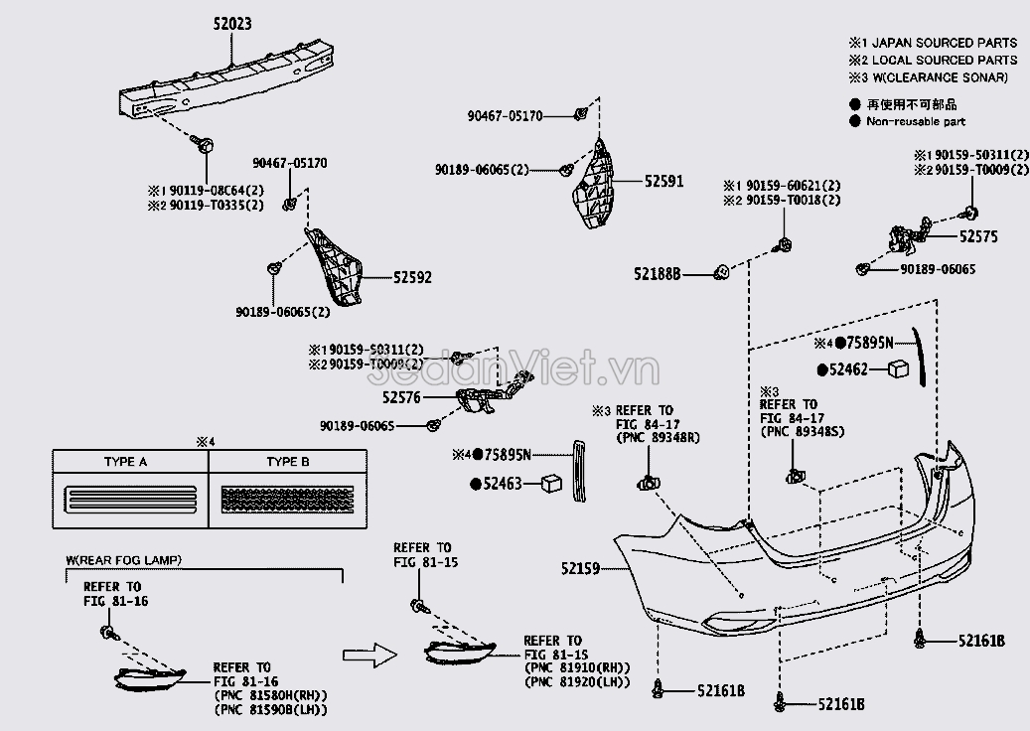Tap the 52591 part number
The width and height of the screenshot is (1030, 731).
click(x=663, y=182)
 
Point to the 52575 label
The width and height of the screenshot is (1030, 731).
click(x=978, y=237)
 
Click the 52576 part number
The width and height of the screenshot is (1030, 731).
click(x=401, y=397)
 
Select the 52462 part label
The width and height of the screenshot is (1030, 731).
click(x=848, y=369)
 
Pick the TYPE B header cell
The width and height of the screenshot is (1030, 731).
click(x=288, y=462)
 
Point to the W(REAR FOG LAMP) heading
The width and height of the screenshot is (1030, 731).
click(x=124, y=560)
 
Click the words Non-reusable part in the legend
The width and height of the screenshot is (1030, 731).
click(x=915, y=122)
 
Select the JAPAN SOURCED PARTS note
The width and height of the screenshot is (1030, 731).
click(x=940, y=43)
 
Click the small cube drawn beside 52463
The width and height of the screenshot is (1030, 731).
click(x=551, y=484)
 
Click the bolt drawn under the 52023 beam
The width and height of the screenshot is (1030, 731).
click(x=204, y=146)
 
